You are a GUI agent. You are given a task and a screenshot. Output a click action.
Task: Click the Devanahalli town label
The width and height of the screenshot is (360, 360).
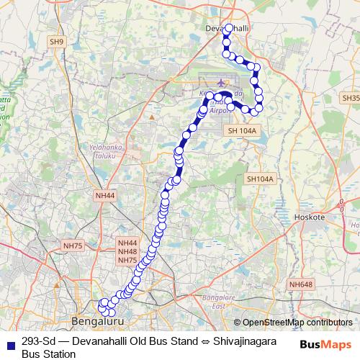[x=228, y=27]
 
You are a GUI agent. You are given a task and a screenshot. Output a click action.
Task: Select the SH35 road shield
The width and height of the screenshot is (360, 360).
[x=350, y=97]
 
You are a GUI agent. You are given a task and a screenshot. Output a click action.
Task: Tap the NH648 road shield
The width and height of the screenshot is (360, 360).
[x=301, y=284]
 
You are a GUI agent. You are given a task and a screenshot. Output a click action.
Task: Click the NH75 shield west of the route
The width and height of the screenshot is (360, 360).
[x=73, y=246]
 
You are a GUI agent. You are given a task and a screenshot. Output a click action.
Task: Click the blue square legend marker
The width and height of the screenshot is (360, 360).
[x=9, y=342]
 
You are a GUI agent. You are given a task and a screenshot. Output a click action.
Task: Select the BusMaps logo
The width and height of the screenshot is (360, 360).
[x=321, y=343]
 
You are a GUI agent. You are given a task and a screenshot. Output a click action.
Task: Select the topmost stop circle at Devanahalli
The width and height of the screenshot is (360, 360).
[x=229, y=29]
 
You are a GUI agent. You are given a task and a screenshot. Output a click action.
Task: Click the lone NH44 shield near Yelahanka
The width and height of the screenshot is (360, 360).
[x=104, y=195]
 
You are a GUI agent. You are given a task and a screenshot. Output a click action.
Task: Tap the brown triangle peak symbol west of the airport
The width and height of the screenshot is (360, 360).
[x=152, y=115]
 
